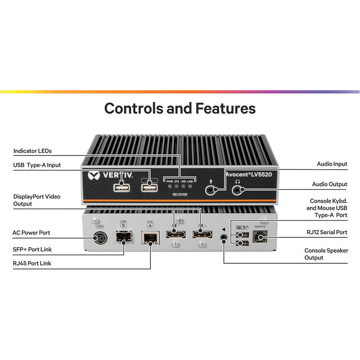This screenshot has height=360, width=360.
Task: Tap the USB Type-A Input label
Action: pyautogui.click(x=37, y=165)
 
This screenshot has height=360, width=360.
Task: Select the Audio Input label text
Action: pyautogui.click(x=332, y=164)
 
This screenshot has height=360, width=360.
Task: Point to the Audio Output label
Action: pyautogui.click(x=330, y=184)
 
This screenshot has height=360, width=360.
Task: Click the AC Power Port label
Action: pyautogui.click(x=31, y=233)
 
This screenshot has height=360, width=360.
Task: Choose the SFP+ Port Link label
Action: pyautogui.click(x=32, y=249)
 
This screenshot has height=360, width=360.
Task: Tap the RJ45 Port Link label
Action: pyautogui.click(x=32, y=263)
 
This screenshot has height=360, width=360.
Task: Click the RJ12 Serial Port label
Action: pyautogui.click(x=326, y=233)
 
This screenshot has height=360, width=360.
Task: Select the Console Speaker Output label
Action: pyautogui.click(x=326, y=254)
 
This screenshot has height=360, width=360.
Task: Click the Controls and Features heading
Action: pyautogui.click(x=180, y=108)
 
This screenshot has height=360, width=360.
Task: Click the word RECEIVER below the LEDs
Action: pyautogui.click(x=180, y=194)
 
